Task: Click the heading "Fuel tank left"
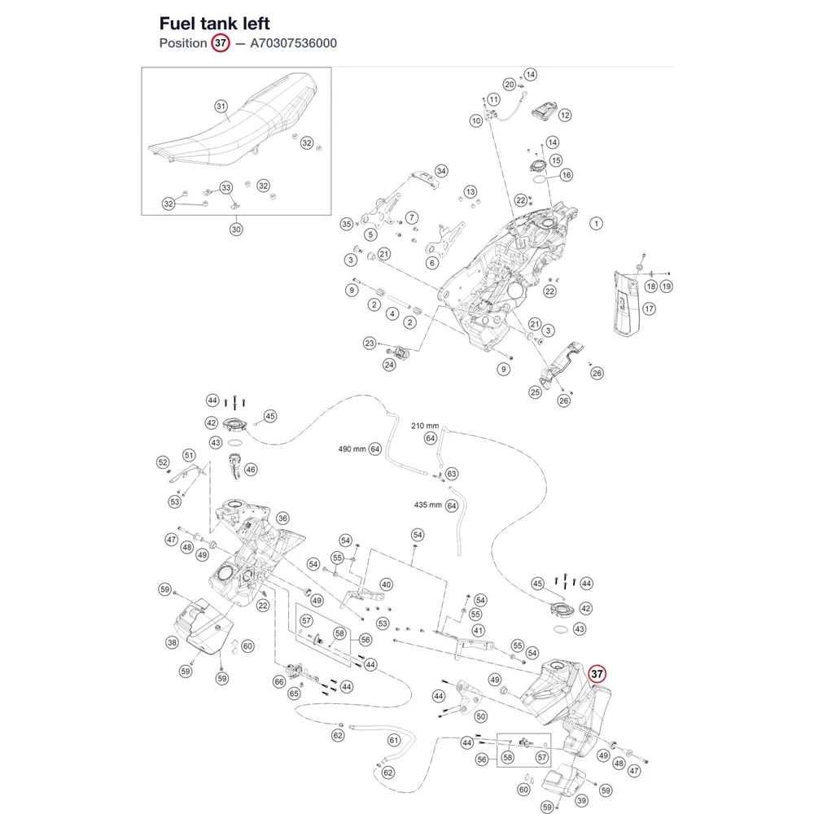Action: [214, 24]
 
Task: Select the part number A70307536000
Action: [293, 43]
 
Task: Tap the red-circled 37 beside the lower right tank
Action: [597, 674]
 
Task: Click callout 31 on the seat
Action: [221, 107]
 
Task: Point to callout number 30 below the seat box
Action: [236, 229]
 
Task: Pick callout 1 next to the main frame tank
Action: [596, 224]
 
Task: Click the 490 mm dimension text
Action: [352, 449]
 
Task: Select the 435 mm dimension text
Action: [428, 505]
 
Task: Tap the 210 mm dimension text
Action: [425, 426]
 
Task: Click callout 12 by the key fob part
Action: [565, 116]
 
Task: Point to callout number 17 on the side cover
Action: [649, 309]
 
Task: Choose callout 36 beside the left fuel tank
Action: [282, 518]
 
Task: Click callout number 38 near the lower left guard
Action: [172, 643]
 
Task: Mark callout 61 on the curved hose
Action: [394, 740]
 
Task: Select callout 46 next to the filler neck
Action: [251, 470]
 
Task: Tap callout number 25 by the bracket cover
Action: [536, 392]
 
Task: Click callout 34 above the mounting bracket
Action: [441, 171]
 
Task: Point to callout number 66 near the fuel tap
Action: [279, 681]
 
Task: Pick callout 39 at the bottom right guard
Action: [581, 800]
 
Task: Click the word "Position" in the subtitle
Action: [182, 43]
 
